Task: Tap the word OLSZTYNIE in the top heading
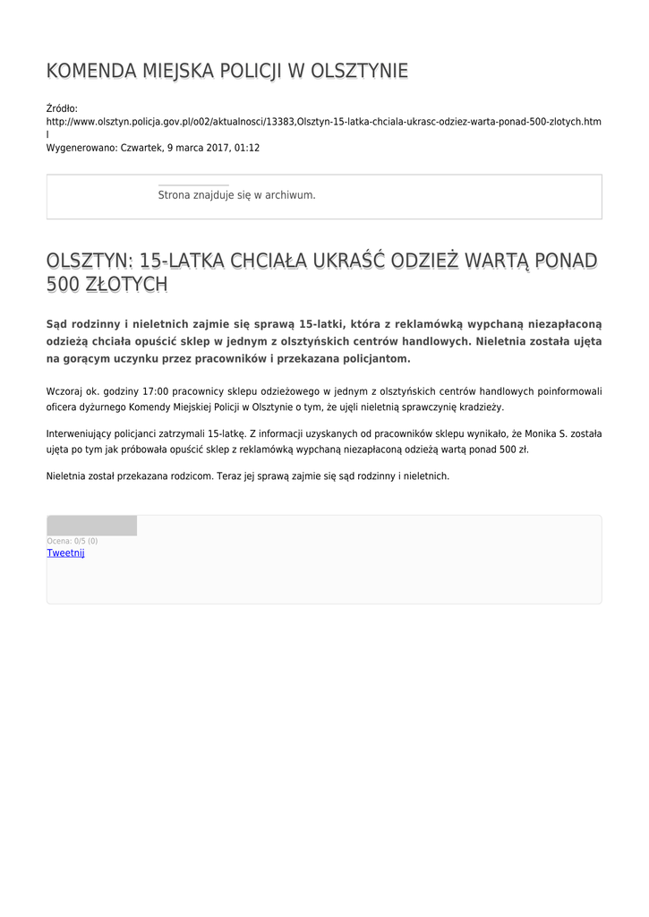coord(358,72)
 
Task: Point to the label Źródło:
coord(62,108)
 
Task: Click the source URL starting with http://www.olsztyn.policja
coord(323,121)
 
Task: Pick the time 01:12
coord(247,148)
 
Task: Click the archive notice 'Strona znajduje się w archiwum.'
coord(236,195)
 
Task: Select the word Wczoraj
coord(64,391)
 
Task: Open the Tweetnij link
coord(65,553)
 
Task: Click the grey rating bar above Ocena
coord(91,526)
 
